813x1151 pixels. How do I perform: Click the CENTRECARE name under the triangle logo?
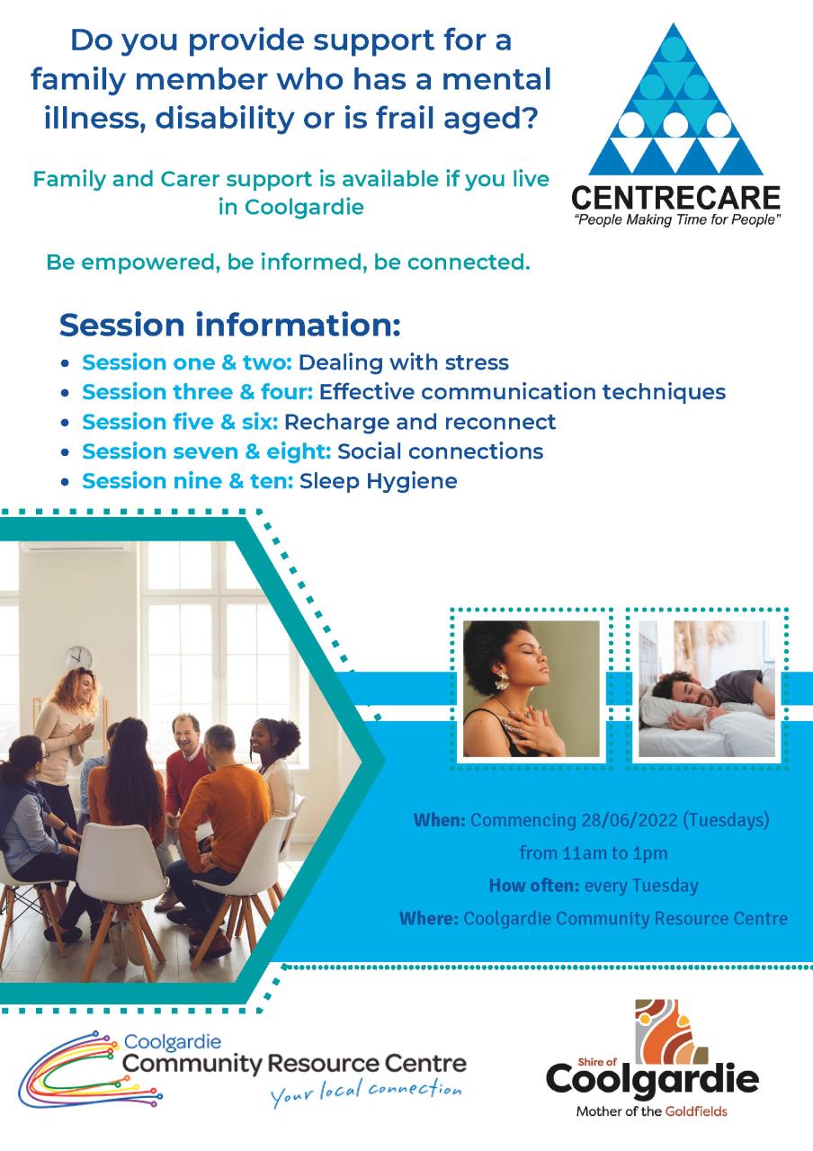click(x=675, y=199)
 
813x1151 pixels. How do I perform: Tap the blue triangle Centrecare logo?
click(x=675, y=99)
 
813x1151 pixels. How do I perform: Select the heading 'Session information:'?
click(x=229, y=326)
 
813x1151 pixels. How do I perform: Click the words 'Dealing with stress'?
click(x=404, y=362)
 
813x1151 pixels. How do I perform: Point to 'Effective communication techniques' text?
click(x=523, y=392)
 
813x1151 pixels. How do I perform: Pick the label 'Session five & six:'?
click(x=180, y=422)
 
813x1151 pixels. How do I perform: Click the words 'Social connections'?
click(x=440, y=451)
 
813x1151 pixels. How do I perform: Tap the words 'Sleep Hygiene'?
click(x=379, y=482)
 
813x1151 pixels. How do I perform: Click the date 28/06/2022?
click(x=630, y=819)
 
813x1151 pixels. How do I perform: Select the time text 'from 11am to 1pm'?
click(x=594, y=853)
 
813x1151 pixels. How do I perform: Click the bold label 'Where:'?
click(x=429, y=918)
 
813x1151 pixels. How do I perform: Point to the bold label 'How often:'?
click(x=534, y=886)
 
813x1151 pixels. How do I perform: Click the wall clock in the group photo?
click(x=78, y=658)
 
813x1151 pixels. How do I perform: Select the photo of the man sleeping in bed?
click(x=707, y=689)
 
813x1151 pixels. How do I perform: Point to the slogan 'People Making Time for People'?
click(x=678, y=220)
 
